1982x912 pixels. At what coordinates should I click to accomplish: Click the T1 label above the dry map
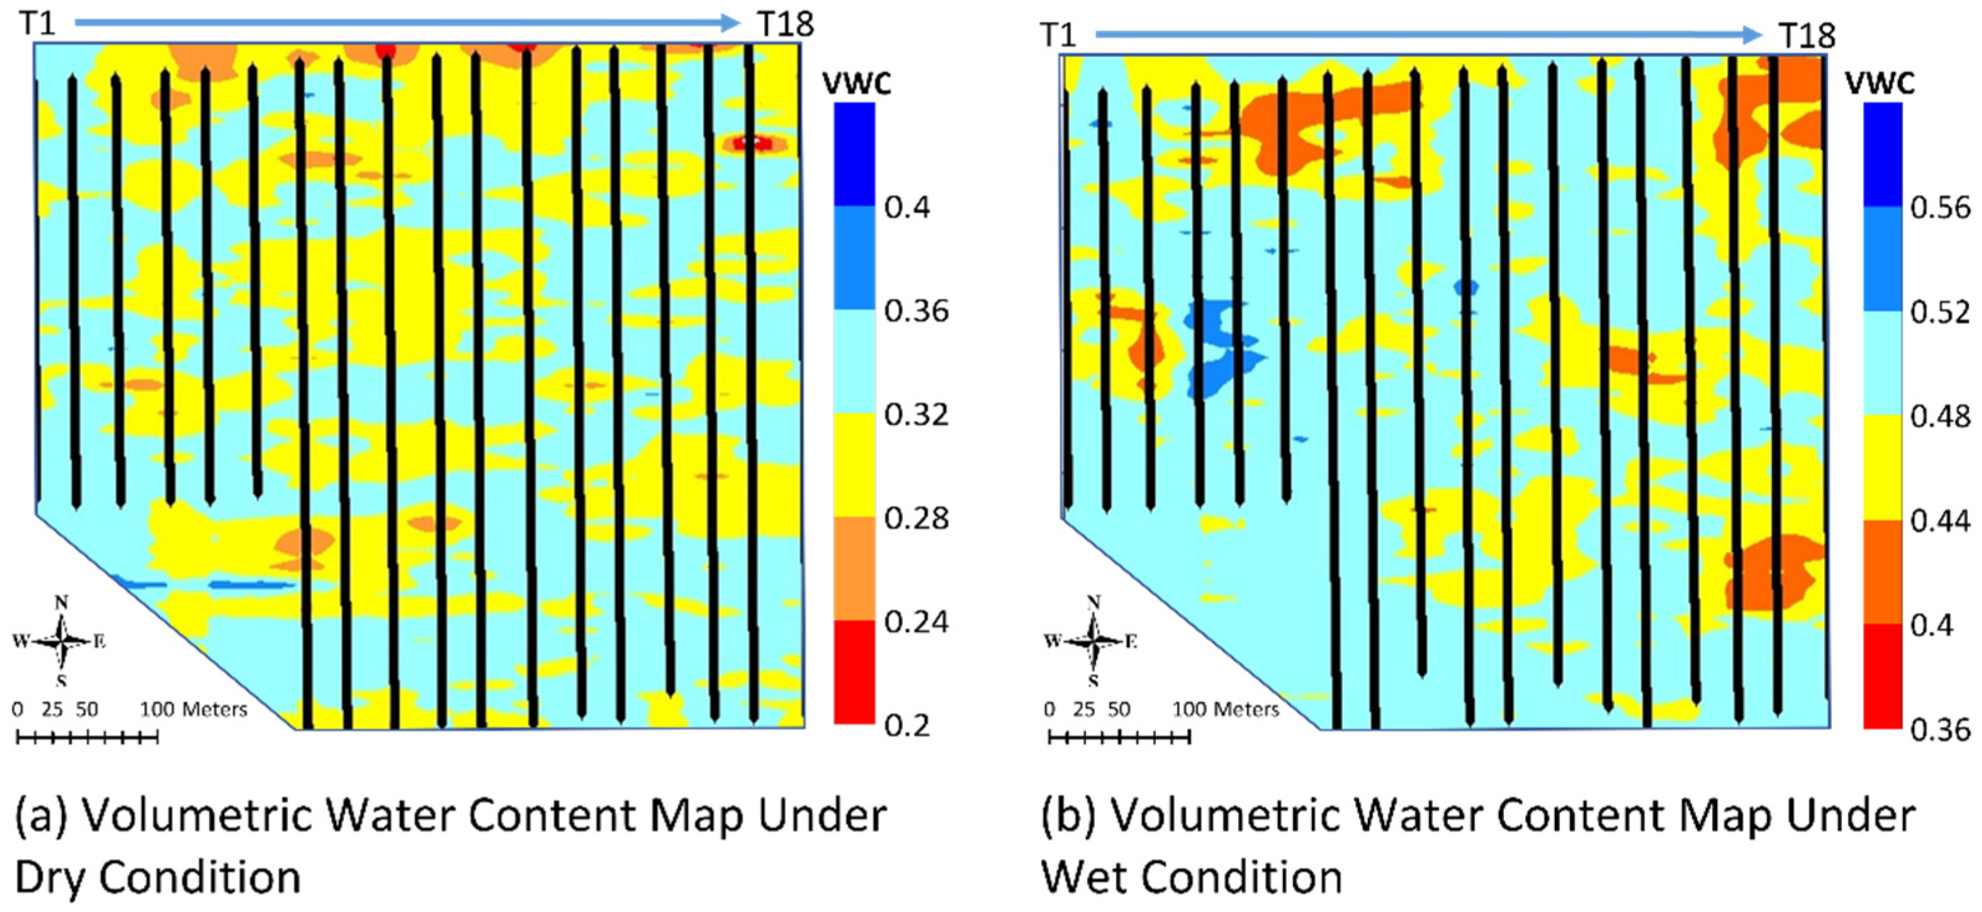point(37,23)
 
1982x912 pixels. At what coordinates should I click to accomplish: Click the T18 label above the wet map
point(1807,36)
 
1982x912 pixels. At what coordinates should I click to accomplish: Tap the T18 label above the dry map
point(786,24)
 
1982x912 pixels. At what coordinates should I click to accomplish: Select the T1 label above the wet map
point(1058,36)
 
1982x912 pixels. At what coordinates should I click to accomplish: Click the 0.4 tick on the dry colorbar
point(907,207)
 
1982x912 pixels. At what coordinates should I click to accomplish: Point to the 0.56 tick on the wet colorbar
point(1940,208)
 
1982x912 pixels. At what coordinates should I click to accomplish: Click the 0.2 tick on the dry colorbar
point(907,725)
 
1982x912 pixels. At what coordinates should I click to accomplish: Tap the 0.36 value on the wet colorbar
point(1940,728)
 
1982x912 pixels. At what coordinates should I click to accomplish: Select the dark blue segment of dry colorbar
point(855,154)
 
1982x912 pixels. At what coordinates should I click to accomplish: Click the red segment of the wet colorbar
point(1883,676)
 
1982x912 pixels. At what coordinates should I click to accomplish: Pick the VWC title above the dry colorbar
point(857,82)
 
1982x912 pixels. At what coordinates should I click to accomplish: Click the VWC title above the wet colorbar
point(1880,82)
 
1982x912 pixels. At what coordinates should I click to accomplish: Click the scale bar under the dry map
point(87,738)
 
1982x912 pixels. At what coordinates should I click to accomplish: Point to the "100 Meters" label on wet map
point(1225,709)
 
